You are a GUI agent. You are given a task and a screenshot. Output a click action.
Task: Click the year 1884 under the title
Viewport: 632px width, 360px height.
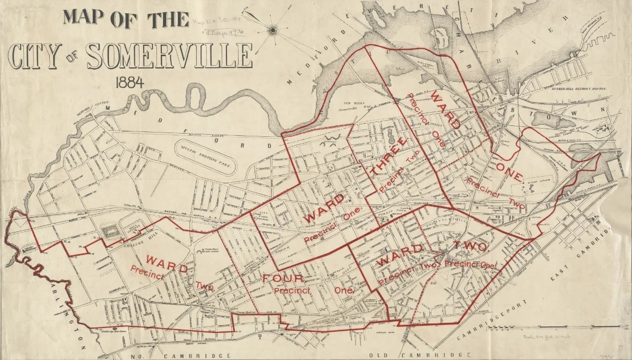130,82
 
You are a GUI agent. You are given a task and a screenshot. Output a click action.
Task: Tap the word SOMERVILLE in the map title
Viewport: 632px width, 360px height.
170,55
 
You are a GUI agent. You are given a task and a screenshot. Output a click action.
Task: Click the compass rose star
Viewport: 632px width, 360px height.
272,30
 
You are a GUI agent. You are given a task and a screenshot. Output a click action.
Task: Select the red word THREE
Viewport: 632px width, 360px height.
389,157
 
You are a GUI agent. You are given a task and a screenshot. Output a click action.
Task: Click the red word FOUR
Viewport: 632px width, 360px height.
283,278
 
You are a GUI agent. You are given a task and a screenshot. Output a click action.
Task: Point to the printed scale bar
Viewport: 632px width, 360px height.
575,325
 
